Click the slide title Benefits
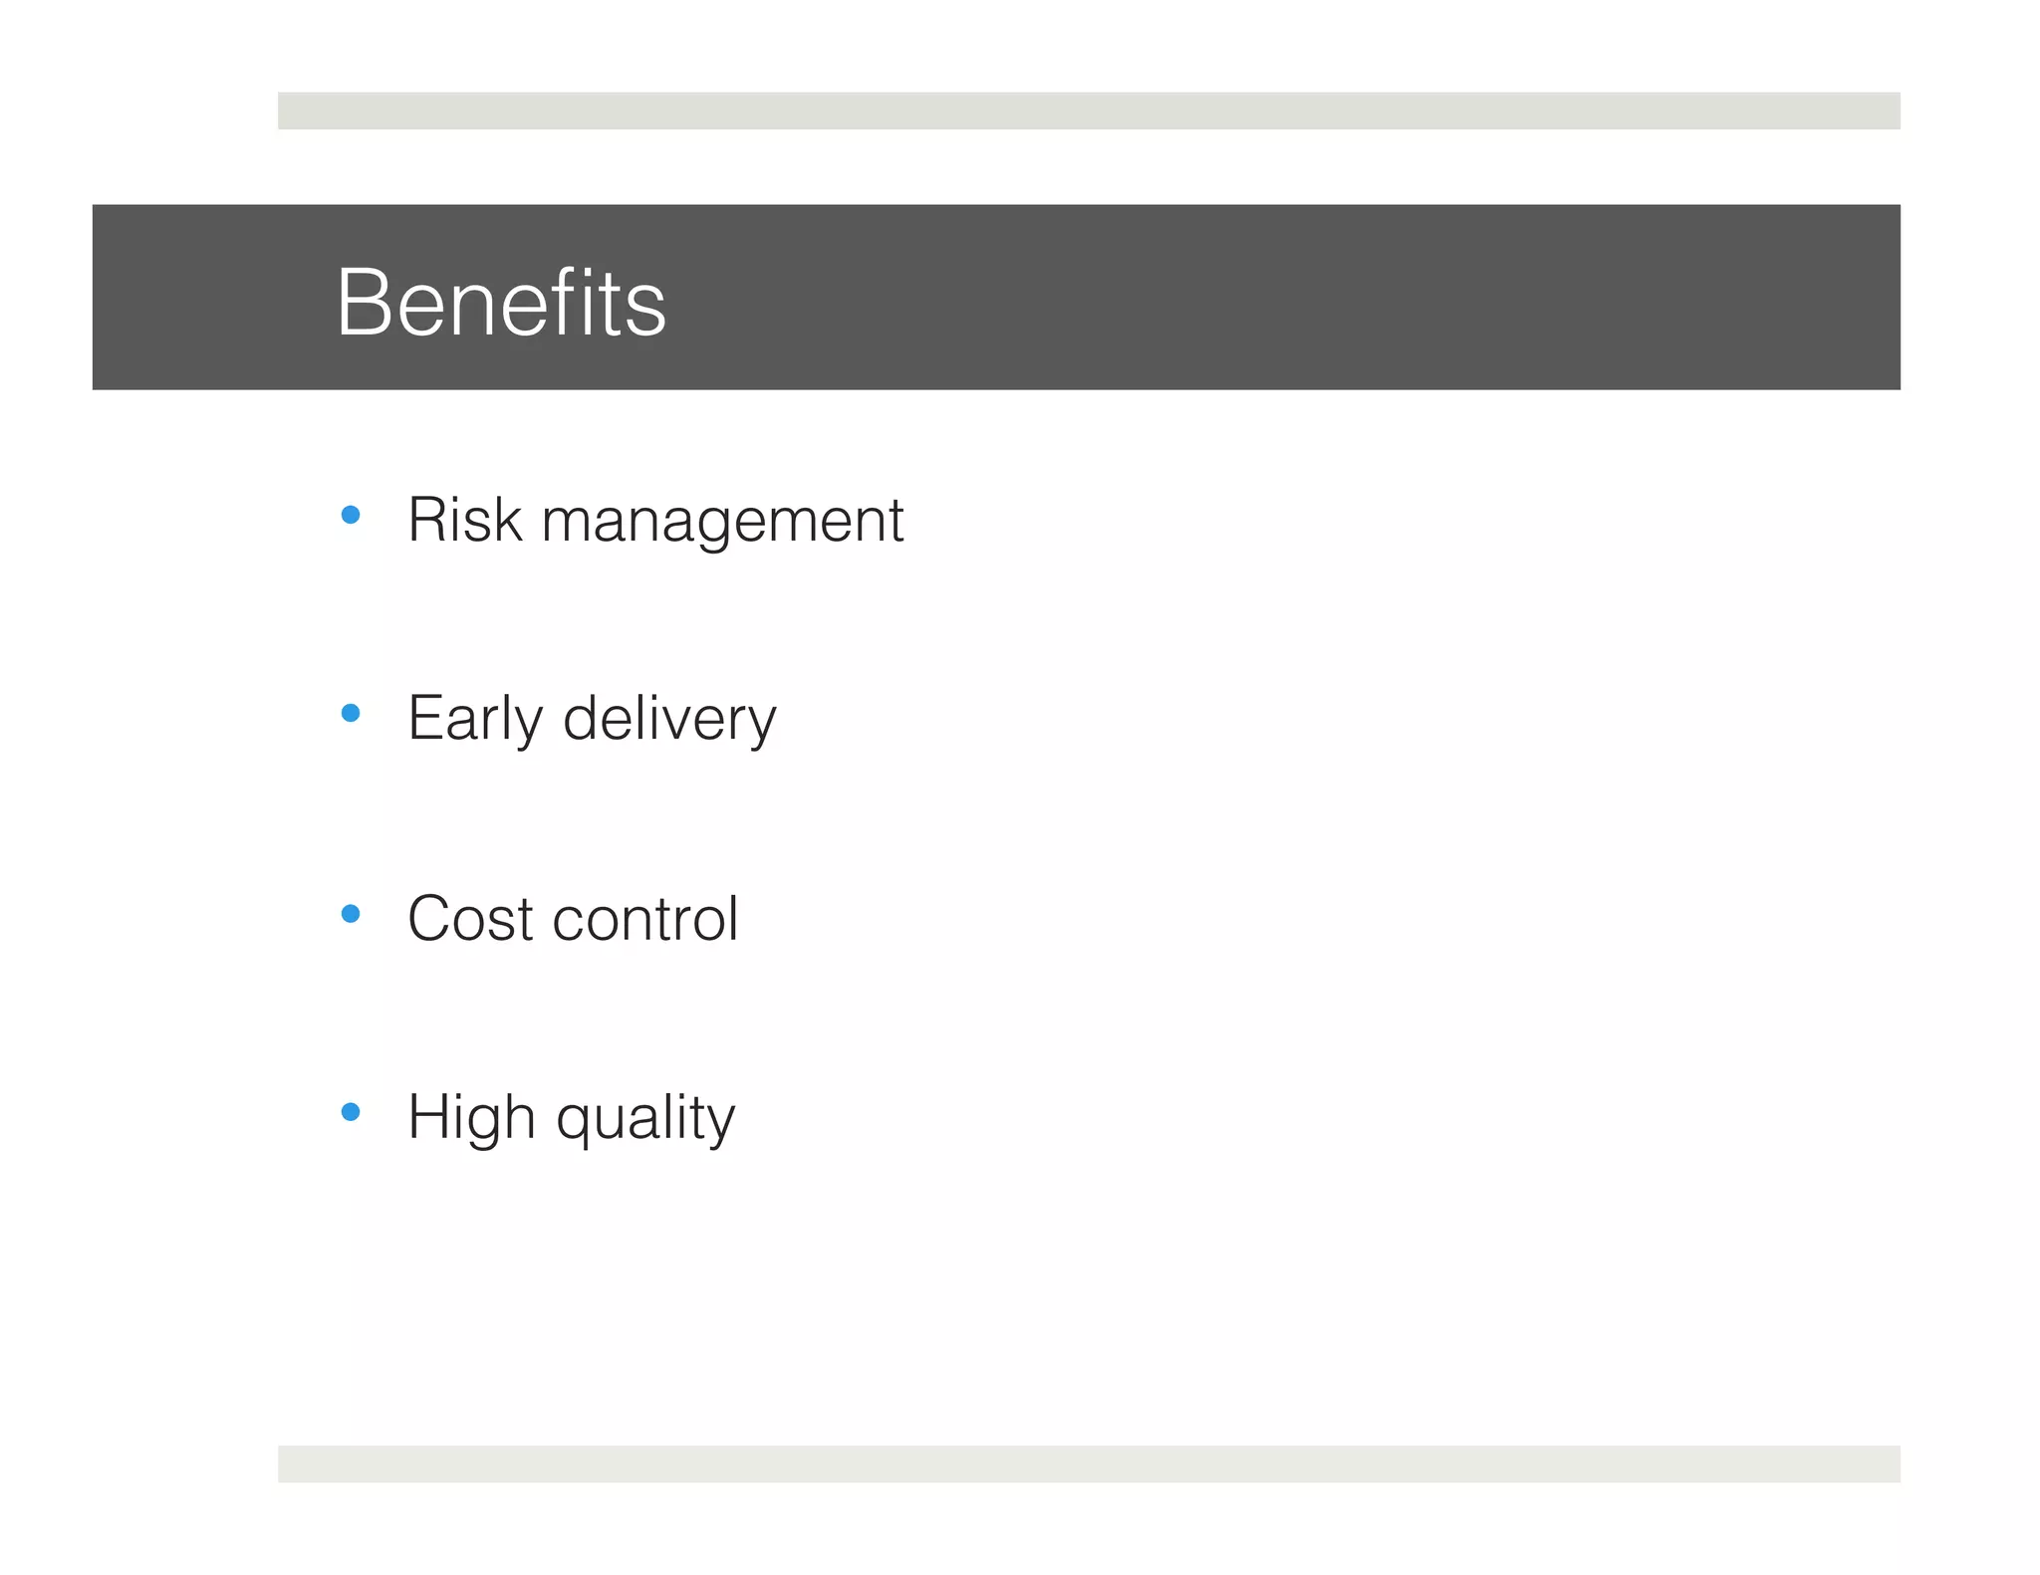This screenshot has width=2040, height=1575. click(501, 303)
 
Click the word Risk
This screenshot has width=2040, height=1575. click(464, 520)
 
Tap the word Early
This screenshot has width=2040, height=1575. click(475, 719)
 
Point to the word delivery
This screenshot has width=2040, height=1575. click(669, 719)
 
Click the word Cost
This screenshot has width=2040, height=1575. click(470, 918)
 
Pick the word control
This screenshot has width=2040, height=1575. click(645, 918)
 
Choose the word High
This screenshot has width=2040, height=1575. click(472, 1118)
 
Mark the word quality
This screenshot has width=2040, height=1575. click(645, 1118)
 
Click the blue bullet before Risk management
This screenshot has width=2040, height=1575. click(350, 515)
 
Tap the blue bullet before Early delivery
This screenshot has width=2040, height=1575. click(350, 713)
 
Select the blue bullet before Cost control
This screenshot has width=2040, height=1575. click(350, 913)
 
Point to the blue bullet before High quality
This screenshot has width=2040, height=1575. click(350, 1111)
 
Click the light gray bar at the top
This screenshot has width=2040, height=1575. click(1089, 111)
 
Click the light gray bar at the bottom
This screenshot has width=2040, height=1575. click(1089, 1463)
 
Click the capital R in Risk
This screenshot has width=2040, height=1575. click(426, 520)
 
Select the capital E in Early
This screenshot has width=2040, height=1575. click(425, 718)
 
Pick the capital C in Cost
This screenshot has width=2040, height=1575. click(430, 918)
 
